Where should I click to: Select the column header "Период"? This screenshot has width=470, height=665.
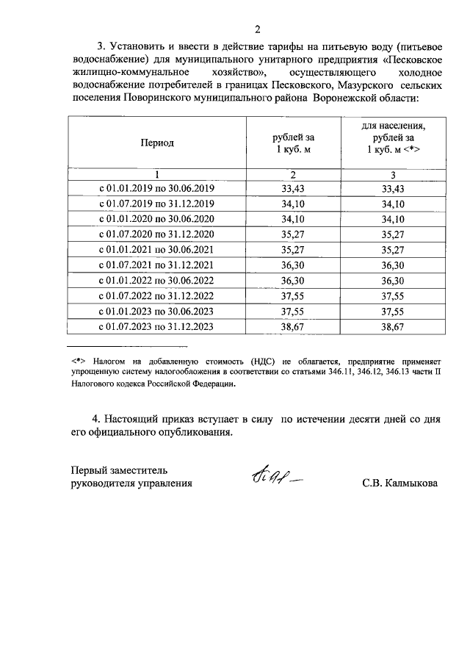[157, 143]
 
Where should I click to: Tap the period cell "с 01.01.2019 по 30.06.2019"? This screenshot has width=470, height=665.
[157, 189]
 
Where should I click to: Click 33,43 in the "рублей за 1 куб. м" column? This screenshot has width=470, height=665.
[293, 189]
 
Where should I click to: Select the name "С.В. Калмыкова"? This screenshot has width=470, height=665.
[399, 484]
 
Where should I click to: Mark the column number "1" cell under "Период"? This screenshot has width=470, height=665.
[157, 175]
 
